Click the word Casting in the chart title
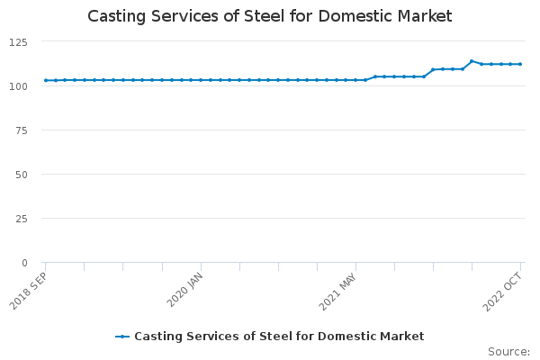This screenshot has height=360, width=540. (x=118, y=16)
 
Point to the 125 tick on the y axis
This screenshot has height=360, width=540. (x=19, y=42)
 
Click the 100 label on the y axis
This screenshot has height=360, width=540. (x=19, y=86)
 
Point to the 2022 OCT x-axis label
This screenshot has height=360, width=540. (x=502, y=289)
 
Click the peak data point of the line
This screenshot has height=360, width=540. (x=472, y=61)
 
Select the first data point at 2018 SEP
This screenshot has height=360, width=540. (x=46, y=80)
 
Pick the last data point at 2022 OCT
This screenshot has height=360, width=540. (x=520, y=64)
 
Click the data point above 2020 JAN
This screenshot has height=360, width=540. (x=201, y=80)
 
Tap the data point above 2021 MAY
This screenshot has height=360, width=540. (x=355, y=80)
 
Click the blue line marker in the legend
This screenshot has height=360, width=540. (x=123, y=337)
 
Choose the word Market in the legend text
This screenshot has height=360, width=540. (x=402, y=337)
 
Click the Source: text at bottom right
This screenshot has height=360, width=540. (x=508, y=351)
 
